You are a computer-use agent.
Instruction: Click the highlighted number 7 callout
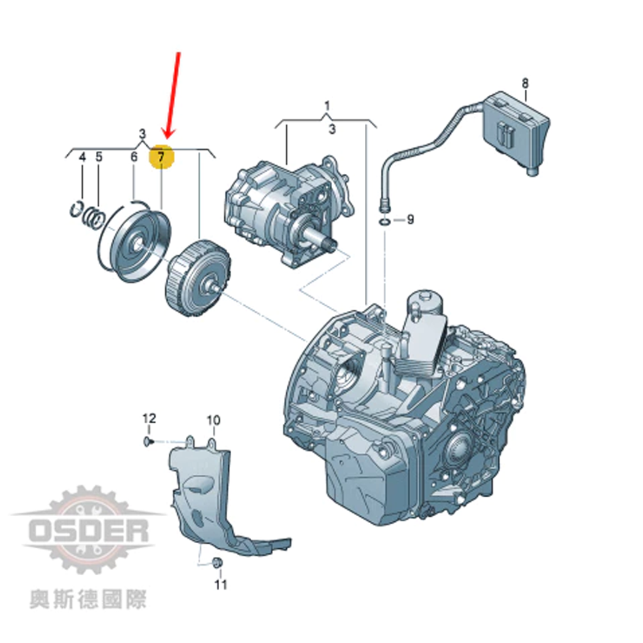161,156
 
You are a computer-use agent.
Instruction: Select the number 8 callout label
526,84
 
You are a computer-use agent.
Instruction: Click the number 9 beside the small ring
410,220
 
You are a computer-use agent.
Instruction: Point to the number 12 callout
149,418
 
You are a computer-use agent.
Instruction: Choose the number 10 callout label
213,420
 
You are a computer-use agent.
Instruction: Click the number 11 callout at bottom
220,585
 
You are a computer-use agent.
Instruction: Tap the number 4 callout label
82,157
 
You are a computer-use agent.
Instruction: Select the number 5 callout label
99,157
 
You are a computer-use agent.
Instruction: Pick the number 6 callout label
134,156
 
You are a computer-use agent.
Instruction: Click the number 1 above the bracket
327,106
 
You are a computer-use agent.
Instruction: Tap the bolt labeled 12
148,441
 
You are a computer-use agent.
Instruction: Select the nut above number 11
217,563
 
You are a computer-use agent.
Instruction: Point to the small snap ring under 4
76,208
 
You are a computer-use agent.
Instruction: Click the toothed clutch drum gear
197,278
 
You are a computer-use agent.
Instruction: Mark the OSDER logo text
89,531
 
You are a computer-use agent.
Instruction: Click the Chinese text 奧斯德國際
88,600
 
